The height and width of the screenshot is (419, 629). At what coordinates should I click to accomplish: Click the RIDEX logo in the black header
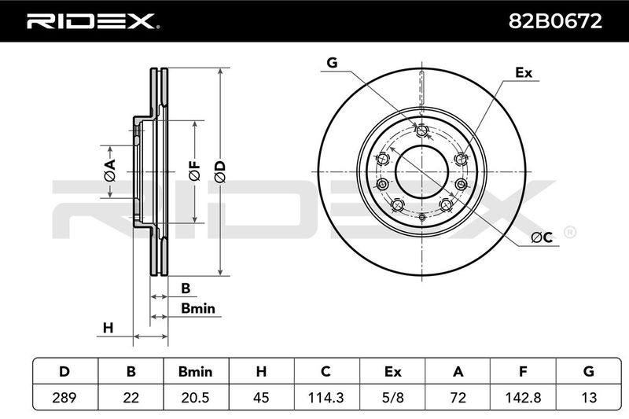click(93, 21)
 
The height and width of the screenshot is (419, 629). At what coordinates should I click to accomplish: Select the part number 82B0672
click(555, 21)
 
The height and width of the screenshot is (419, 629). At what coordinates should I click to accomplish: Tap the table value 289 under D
click(64, 397)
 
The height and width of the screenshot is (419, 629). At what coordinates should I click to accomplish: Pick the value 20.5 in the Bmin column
click(195, 397)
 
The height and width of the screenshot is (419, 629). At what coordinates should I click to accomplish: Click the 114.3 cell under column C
click(326, 397)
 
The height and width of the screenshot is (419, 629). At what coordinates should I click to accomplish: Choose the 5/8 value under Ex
click(392, 397)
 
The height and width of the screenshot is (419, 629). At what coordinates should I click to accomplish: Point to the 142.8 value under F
click(523, 397)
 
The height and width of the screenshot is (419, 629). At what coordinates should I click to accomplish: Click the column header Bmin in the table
click(195, 371)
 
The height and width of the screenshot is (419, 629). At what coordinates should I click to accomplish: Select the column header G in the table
click(588, 371)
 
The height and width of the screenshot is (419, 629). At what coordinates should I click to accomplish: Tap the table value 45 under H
click(261, 397)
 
